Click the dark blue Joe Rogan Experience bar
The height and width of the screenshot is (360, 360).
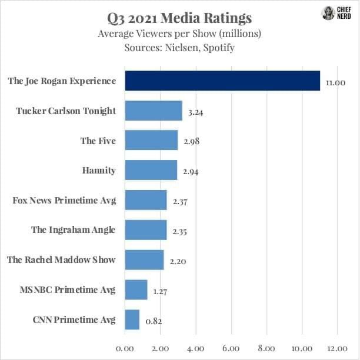222,81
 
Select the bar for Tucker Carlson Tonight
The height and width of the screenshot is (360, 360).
154,111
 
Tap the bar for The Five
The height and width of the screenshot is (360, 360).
151,141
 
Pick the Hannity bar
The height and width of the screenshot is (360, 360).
151,171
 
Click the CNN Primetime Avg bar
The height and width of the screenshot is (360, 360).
132,320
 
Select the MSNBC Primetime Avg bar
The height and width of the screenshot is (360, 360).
136,290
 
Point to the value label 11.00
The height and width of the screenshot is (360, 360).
335,83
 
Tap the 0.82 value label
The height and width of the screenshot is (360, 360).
154,322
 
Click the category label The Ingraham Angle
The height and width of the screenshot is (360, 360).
74,230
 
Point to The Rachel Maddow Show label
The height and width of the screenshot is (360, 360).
61,259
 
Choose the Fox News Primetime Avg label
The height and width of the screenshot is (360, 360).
64,200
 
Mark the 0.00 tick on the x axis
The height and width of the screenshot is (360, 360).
125,348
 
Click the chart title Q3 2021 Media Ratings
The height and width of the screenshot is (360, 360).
179,16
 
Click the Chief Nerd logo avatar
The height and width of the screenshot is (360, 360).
328,14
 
